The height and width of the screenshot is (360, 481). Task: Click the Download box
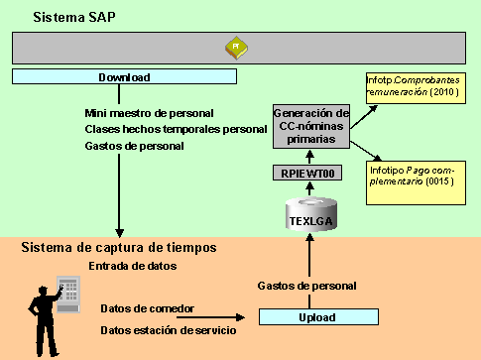tap(124, 76)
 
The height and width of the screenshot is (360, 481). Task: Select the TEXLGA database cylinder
tap(307, 214)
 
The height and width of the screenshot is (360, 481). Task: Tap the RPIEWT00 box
tap(306, 174)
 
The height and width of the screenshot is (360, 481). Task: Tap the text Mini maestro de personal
tap(149, 113)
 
